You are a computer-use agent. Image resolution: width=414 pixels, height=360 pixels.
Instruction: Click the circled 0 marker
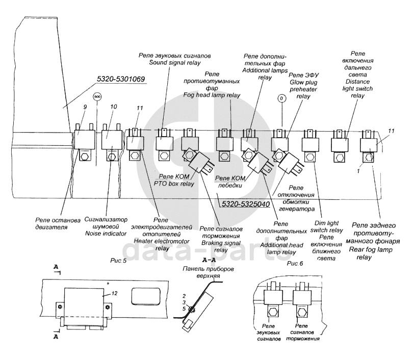(279, 98)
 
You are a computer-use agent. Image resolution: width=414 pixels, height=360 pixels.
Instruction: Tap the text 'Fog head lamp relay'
(212, 95)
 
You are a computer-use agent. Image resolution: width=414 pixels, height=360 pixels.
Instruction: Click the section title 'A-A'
(210, 260)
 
